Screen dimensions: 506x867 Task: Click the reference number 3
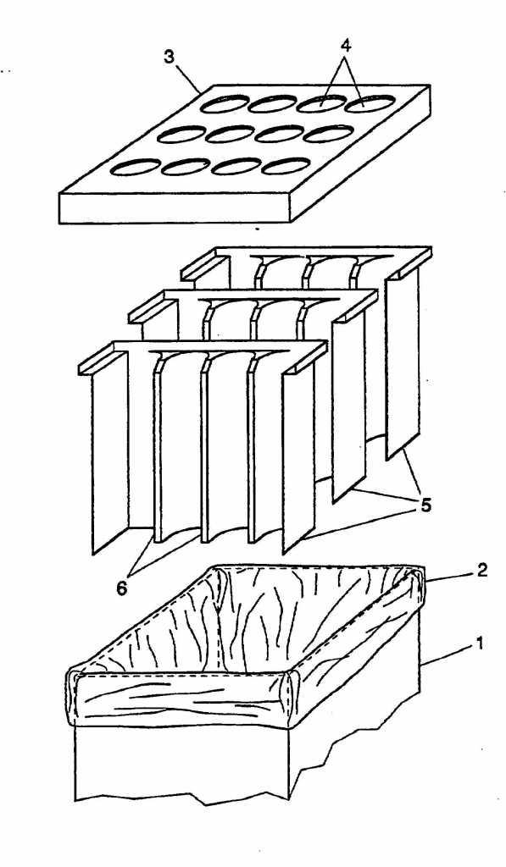pyautogui.click(x=170, y=58)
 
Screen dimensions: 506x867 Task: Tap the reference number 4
pyautogui.click(x=346, y=46)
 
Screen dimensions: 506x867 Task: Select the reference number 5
pyautogui.click(x=425, y=505)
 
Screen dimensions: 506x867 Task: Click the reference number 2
pyautogui.click(x=482, y=570)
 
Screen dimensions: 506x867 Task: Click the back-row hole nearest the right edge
pyautogui.click(x=370, y=102)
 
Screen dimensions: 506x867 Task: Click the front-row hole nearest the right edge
pyautogui.click(x=286, y=165)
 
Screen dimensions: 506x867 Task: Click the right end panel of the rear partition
pyautogui.click(x=403, y=364)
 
